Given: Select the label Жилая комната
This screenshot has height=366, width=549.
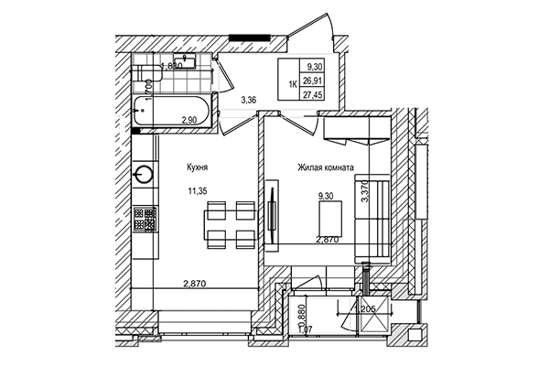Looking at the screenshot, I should (x=325, y=168).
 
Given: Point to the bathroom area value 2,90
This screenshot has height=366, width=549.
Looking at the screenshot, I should (x=188, y=121).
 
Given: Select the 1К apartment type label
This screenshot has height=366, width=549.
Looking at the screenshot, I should (x=293, y=81).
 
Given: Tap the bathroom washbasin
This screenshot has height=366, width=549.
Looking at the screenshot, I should (x=185, y=62).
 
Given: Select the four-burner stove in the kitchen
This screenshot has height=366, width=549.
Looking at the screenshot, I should (x=144, y=218).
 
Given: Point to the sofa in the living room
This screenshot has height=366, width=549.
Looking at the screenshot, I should (x=372, y=220).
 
